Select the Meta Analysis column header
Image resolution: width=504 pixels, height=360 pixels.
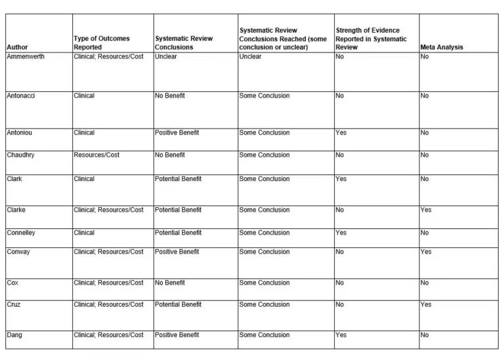tap(441, 47)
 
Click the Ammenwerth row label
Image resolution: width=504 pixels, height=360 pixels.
tap(26, 56)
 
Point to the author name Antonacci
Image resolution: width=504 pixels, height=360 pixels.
tap(21, 96)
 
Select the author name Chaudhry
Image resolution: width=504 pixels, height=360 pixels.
tap(21, 155)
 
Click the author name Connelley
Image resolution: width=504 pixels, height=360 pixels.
tap(23, 232)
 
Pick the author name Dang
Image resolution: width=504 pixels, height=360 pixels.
tap(14, 334)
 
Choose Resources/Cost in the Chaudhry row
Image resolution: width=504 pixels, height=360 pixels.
tap(97, 155)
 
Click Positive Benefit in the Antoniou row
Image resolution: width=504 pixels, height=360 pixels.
tap(177, 132)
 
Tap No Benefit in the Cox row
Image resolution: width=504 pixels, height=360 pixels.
tap(170, 283)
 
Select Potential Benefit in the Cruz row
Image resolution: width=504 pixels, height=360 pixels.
tap(178, 304)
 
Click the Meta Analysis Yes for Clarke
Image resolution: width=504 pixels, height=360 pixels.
tap(427, 210)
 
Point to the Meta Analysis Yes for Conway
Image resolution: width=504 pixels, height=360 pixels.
tap(427, 252)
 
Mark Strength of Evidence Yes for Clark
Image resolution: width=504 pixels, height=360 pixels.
tap(341, 178)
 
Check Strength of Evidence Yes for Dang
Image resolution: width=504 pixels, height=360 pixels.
tap(341, 334)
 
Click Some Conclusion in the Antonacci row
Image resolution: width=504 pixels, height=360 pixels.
tap(264, 96)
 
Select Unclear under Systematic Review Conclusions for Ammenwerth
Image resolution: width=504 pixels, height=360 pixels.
tap(166, 56)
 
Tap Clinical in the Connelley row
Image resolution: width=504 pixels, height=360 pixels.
tap(85, 232)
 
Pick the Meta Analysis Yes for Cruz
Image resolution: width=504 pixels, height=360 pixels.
tap(427, 304)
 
